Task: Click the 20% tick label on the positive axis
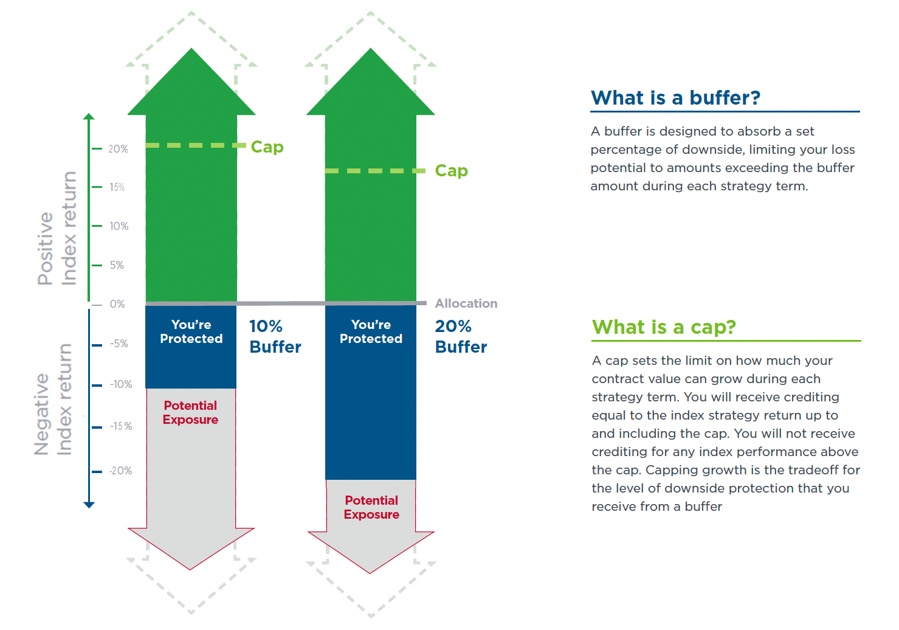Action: (118, 149)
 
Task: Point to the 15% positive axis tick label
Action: (117, 187)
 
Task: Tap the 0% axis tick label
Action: (117, 304)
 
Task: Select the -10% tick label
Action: (121, 384)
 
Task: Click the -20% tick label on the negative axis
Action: (121, 471)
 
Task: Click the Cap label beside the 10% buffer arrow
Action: (267, 147)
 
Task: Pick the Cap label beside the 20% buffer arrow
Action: (452, 171)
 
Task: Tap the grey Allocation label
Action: (466, 303)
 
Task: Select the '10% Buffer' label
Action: (275, 336)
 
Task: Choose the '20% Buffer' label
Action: (461, 336)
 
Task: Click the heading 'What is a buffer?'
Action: (676, 97)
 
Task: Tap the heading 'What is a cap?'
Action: (664, 327)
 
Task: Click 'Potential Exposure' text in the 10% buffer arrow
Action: (191, 412)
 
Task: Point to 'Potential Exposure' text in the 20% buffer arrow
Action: (371, 507)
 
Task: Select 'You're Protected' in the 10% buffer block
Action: (191, 331)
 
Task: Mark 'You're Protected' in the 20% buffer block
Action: (371, 331)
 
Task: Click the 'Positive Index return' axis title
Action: (57, 229)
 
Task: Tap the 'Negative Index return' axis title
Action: (53, 400)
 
